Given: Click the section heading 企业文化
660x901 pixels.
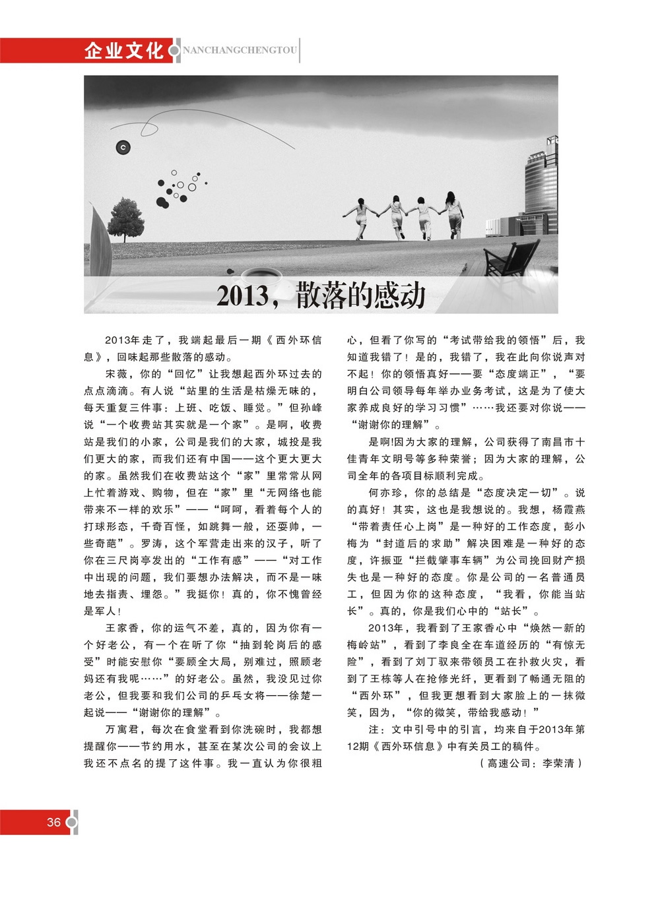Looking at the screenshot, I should click(123, 51).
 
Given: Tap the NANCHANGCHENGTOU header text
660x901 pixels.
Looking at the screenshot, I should click(240, 51).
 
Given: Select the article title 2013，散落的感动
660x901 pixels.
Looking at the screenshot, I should click(321, 295).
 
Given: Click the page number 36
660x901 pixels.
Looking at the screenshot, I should click(53, 822).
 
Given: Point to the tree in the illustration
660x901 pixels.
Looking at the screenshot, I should click(125, 218).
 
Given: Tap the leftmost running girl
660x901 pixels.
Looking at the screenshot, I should click(360, 217).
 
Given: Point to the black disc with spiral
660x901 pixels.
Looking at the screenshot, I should click(123, 148).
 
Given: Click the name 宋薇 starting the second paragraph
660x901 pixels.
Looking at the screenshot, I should click(116, 374).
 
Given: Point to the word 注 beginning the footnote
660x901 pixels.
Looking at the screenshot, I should click(374, 730).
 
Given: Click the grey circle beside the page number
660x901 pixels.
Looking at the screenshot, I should click(72, 823).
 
